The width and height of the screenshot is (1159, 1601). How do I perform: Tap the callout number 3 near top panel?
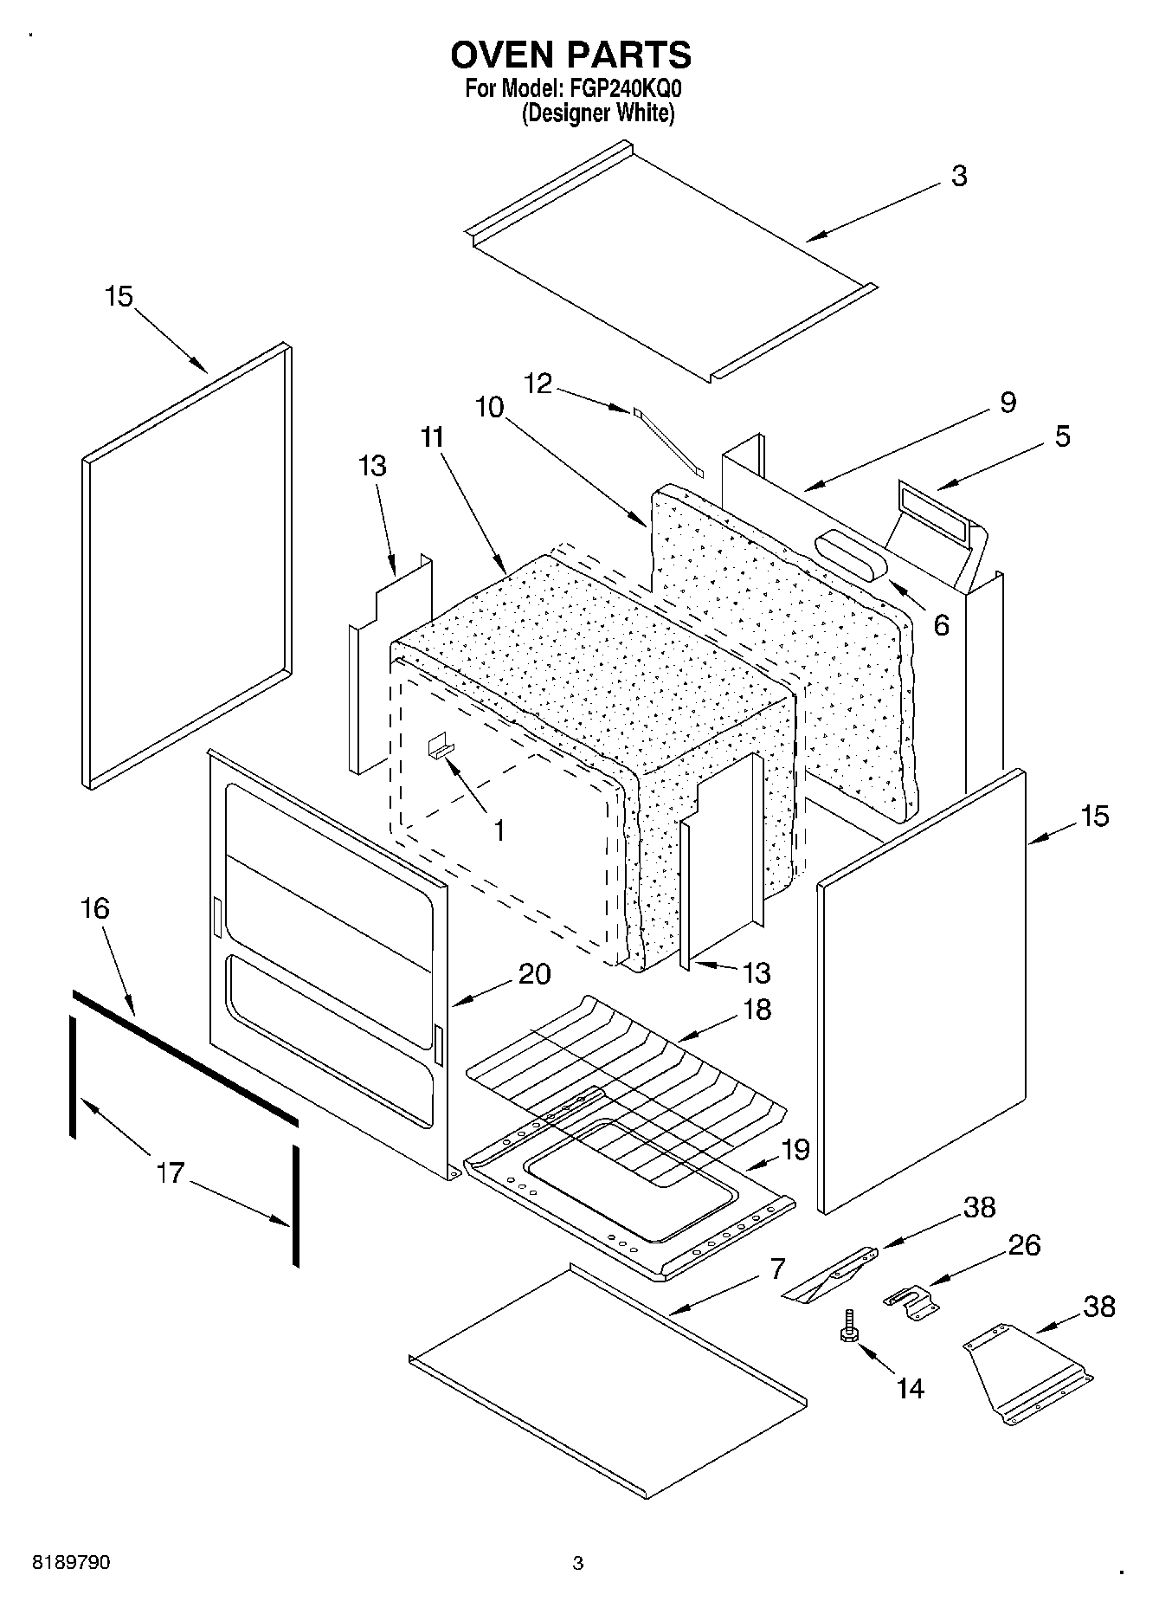[x=958, y=176]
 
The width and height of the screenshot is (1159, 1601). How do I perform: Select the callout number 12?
[x=538, y=383]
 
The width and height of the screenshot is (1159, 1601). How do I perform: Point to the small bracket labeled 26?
[x=909, y=1301]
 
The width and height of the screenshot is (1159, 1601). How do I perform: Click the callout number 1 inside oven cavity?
[x=499, y=831]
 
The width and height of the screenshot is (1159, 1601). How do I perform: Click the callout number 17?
[x=170, y=1173]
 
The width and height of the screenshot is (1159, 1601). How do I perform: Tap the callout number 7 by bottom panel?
[x=777, y=1269]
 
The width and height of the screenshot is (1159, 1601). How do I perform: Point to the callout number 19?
[x=795, y=1150]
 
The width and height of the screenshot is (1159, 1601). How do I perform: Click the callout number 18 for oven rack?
[x=757, y=1010]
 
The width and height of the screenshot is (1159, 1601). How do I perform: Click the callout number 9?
[x=1008, y=402]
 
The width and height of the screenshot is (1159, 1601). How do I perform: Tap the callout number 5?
[x=1062, y=436]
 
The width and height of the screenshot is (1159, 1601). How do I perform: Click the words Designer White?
[x=597, y=113]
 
